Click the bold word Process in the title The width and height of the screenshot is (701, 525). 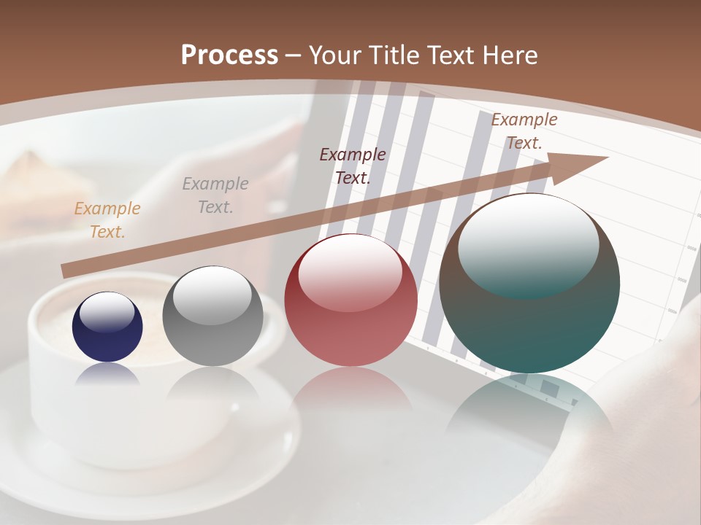tap(229, 55)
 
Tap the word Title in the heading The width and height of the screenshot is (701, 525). tap(396, 55)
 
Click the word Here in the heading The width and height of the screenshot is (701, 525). tap(511, 55)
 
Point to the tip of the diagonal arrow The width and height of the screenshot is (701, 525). tap(606, 157)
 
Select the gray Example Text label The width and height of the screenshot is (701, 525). tap(215, 195)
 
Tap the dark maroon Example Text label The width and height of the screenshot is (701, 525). tap(353, 166)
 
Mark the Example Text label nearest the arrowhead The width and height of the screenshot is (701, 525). tap(524, 131)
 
